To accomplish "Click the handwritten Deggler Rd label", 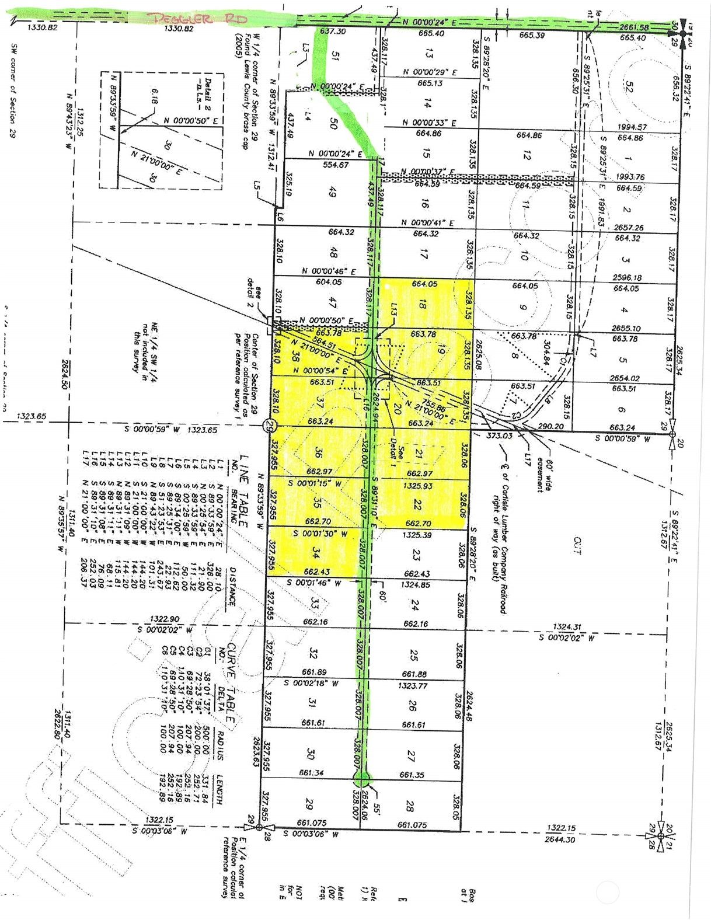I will (x=198, y=19).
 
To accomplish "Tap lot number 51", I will (x=335, y=56).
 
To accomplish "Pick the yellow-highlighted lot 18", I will (x=423, y=304).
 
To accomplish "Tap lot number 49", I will (x=333, y=192).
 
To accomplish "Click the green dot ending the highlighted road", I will (x=362, y=778).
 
